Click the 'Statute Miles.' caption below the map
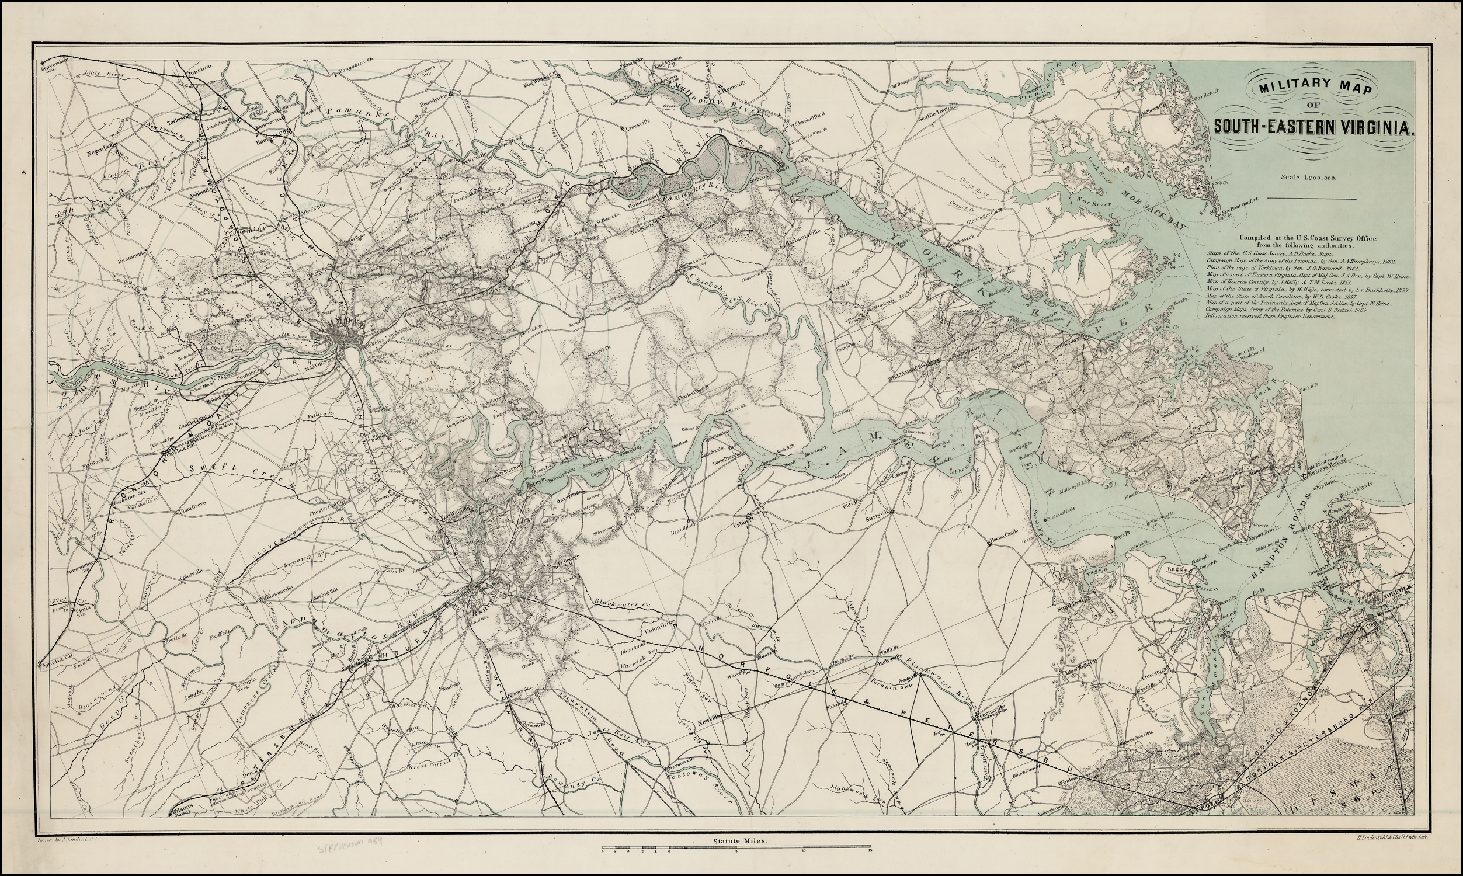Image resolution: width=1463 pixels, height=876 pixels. point(731,843)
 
